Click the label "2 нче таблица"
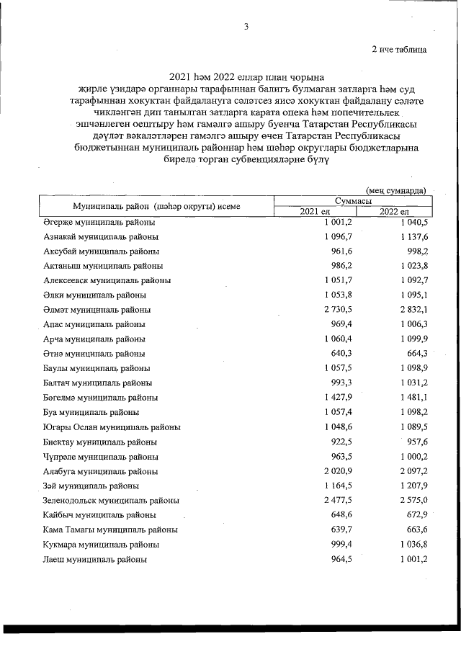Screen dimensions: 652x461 point(398,50)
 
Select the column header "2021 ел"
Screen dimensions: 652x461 point(315,211)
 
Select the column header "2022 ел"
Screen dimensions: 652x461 point(393,211)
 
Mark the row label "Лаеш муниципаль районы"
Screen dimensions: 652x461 point(95,559)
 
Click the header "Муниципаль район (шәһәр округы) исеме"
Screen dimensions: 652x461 point(146,206)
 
